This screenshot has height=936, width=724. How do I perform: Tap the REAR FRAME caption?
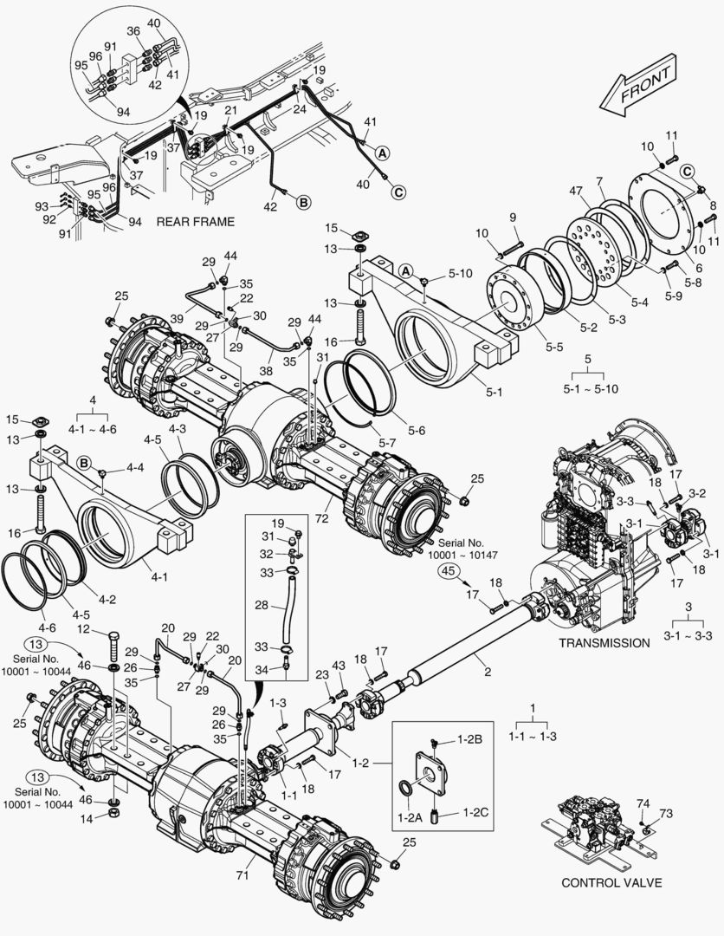click(195, 222)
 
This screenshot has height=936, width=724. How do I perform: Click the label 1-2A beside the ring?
click(410, 817)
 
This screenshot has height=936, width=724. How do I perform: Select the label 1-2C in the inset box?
click(476, 812)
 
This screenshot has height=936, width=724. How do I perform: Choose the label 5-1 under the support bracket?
click(494, 393)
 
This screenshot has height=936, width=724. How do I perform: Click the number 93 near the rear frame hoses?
click(42, 206)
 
